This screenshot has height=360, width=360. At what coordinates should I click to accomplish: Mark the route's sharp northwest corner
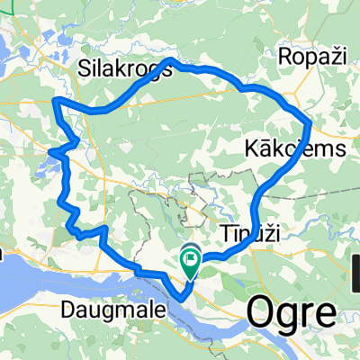point(56,98)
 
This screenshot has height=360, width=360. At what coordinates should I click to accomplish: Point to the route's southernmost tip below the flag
point(182,293)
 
